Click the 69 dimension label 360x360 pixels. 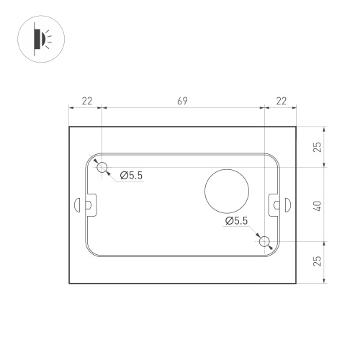[x=182, y=101]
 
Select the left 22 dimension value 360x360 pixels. [x=87, y=101]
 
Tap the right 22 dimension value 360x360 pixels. [x=282, y=101]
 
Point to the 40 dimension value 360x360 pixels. [x=318, y=206]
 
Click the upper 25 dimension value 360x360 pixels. [x=318, y=147]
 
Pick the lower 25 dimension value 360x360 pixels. [x=318, y=261]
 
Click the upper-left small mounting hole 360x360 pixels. [x=102, y=167]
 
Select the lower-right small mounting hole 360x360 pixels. [x=264, y=241]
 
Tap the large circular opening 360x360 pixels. [x=227, y=191]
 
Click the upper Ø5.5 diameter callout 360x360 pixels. [x=131, y=176]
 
